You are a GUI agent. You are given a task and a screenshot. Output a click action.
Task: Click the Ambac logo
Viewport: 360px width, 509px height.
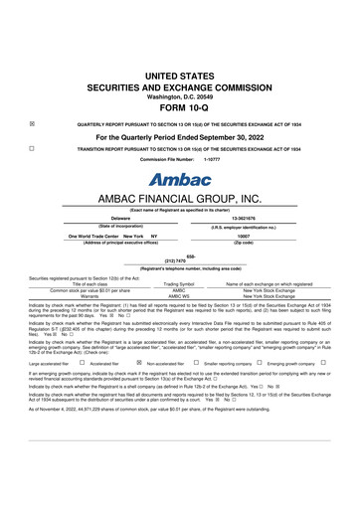179,180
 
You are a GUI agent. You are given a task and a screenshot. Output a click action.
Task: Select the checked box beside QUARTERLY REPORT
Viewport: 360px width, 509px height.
33,124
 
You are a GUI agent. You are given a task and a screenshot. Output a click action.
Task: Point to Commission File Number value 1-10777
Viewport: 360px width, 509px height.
211,159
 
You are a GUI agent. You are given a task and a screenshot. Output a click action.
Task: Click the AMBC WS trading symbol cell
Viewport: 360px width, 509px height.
179,296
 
